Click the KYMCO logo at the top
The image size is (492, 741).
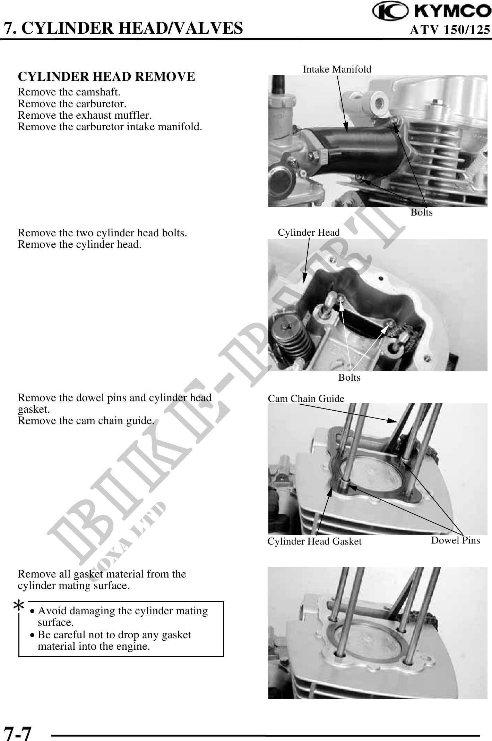coord(432,11)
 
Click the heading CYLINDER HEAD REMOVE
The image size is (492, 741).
coord(106,77)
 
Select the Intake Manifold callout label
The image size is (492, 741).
coord(337,69)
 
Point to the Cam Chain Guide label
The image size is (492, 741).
coord(306,399)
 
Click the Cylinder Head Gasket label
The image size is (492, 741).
coord(314,541)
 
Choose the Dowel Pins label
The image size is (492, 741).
coord(456,540)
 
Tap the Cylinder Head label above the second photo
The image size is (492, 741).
coord(309,233)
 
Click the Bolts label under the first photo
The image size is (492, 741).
coord(422,212)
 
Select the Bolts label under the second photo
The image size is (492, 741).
coord(349,378)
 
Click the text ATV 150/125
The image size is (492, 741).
coord(450,30)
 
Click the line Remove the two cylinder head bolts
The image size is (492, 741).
coord(102,233)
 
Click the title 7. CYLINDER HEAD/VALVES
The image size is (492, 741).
coord(123,28)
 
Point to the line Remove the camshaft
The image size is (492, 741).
coord(69,92)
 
